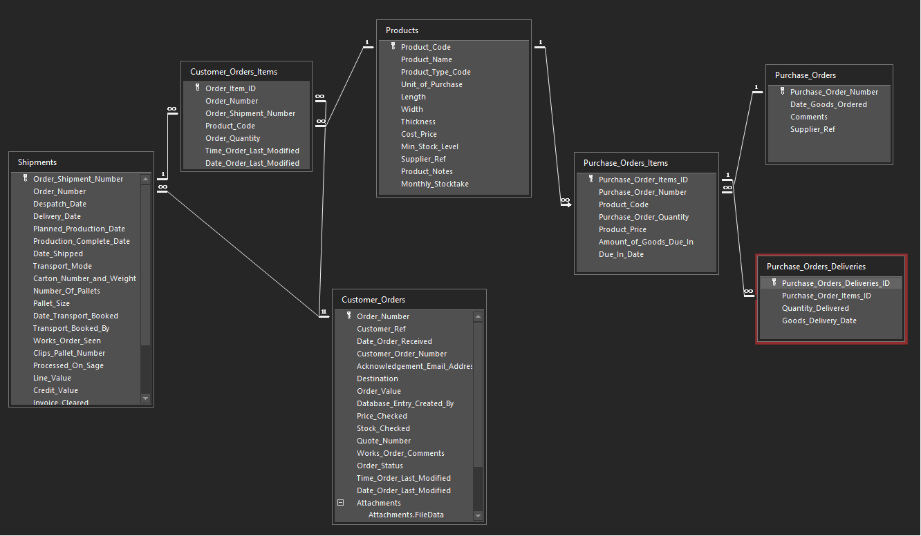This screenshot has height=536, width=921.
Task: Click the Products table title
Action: pyautogui.click(x=402, y=30)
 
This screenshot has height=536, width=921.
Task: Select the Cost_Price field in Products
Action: pyautogui.click(x=419, y=134)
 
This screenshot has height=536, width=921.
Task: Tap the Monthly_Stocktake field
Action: pyautogui.click(x=434, y=184)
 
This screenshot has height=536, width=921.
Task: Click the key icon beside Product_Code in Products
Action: pyautogui.click(x=393, y=46)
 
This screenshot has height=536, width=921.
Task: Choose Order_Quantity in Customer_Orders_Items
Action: pyautogui.click(x=232, y=138)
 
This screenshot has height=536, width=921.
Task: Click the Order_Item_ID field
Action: pyautogui.click(x=230, y=88)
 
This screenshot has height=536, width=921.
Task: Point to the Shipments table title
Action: pyautogui.click(x=37, y=162)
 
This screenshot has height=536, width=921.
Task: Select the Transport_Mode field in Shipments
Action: pyautogui.click(x=62, y=266)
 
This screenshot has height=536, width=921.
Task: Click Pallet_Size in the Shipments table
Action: pyautogui.click(x=51, y=303)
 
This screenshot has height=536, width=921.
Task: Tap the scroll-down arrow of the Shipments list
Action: pyautogui.click(x=145, y=399)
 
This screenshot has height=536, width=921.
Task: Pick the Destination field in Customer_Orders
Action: pyautogui.click(x=377, y=379)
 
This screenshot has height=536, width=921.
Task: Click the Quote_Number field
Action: pyautogui.click(x=384, y=441)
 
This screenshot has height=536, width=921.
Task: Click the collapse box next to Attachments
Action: pyautogui.click(x=340, y=503)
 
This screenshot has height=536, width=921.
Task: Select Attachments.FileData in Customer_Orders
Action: pyautogui.click(x=406, y=515)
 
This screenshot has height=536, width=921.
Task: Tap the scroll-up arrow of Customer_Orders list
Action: pyautogui.click(x=478, y=317)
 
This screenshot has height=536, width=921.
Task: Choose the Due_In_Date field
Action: pyautogui.click(x=621, y=254)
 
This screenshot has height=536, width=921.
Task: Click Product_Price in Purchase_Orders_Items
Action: pyautogui.click(x=622, y=229)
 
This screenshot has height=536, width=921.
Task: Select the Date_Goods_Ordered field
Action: pyautogui.click(x=828, y=104)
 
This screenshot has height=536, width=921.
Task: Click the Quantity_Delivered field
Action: pyautogui.click(x=815, y=308)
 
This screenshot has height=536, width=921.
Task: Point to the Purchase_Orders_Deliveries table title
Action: pyautogui.click(x=816, y=267)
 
